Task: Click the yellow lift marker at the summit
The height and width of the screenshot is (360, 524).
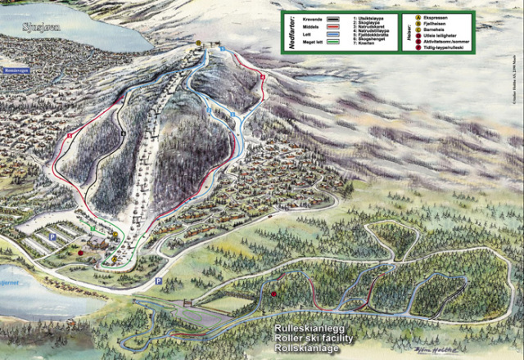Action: pyautogui.click(x=199, y=44)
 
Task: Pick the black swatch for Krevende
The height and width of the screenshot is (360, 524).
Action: pyautogui.click(x=332, y=17)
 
